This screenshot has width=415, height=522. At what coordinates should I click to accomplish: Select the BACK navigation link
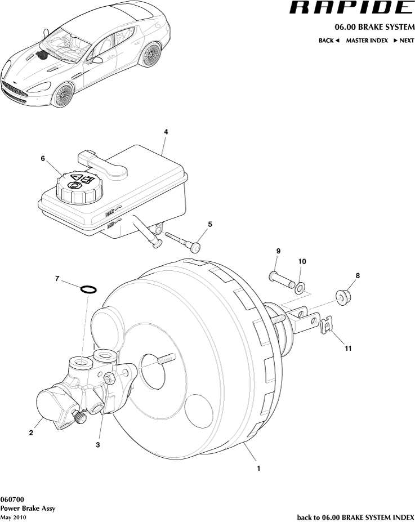[329, 41]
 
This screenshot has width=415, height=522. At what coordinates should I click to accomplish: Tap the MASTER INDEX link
[367, 41]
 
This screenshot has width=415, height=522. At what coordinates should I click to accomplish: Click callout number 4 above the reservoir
[166, 131]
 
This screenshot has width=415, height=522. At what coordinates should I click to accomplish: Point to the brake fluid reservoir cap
[79, 188]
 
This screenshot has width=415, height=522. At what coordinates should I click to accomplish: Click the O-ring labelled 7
[88, 289]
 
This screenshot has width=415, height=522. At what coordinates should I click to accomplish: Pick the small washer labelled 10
[301, 287]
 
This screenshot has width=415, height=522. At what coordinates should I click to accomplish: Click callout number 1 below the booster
[258, 467]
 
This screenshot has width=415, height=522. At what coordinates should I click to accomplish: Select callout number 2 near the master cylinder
[31, 433]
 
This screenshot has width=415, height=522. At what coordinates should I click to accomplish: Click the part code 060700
[12, 499]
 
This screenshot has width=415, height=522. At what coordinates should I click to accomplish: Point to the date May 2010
[13, 517]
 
